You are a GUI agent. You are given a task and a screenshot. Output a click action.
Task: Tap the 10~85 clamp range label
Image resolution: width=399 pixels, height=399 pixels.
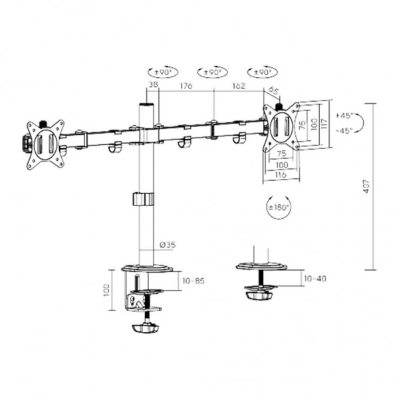193,281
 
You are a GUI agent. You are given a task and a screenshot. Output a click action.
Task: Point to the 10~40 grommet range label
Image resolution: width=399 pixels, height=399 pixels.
315,278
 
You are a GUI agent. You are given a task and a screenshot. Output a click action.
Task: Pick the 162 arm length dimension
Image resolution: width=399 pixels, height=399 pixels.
238,86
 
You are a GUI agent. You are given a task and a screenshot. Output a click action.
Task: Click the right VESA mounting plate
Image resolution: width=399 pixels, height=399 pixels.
282,125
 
